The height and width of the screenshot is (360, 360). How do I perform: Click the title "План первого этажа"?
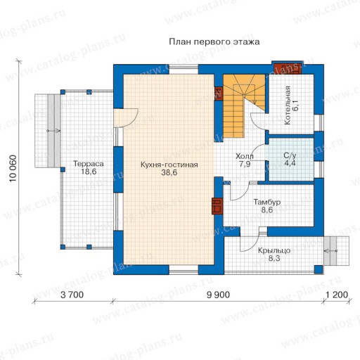click(214, 41)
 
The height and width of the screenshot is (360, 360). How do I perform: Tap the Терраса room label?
click(89, 163)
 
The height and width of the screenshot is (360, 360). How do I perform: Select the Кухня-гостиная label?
click(169, 165)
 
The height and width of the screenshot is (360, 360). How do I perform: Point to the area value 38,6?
click(169, 173)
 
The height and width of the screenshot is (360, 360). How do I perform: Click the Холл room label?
click(245, 156)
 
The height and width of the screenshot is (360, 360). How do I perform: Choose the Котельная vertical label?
click(288, 105)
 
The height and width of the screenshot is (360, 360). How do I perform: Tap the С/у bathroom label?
click(290, 155)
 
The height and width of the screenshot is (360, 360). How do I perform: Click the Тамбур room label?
click(267, 202)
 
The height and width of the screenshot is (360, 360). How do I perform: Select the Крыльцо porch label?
click(274, 250)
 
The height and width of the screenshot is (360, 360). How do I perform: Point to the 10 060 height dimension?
click(13, 168)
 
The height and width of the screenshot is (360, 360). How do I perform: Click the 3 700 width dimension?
click(72, 295)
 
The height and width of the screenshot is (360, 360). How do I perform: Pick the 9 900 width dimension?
click(218, 295)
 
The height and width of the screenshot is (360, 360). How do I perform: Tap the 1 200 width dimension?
click(337, 295)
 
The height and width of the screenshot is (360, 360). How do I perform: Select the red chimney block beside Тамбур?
click(217, 206)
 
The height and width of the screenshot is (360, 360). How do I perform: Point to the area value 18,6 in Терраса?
click(89, 172)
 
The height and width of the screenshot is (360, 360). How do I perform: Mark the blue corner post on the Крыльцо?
click(319, 269)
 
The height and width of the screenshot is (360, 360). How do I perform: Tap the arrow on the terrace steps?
click(53, 131)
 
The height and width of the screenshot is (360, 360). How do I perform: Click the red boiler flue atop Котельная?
click(288, 69)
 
